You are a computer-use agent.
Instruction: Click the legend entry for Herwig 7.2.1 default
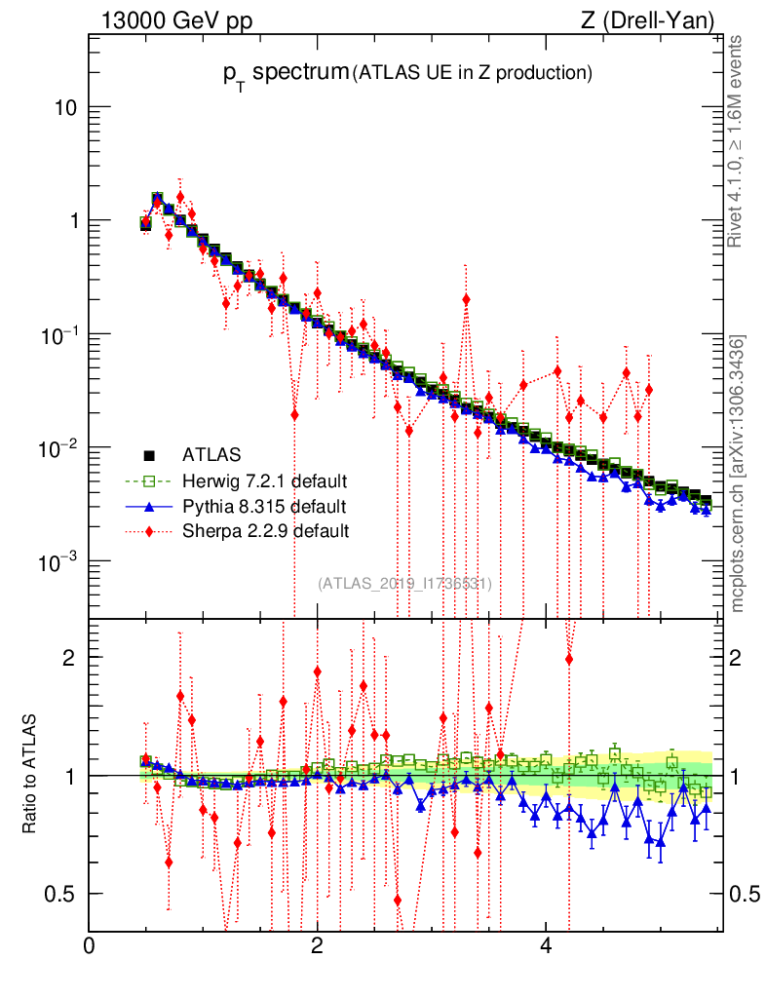point(265,480)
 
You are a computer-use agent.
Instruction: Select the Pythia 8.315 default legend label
point(264,506)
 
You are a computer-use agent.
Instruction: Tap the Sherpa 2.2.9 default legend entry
point(265,531)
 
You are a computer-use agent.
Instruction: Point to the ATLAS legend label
point(211,454)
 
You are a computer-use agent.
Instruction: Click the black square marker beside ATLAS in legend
point(150,454)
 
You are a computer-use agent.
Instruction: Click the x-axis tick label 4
point(547,946)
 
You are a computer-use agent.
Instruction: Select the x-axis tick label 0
point(89,946)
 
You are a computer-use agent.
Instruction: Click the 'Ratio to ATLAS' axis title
point(29,774)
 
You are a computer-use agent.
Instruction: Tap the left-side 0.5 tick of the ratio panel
point(63,894)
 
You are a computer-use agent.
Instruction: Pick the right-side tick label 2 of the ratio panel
point(742,657)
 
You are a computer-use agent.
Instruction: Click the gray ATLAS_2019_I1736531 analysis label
point(404,583)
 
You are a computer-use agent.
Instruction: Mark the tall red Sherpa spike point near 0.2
point(466,299)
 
